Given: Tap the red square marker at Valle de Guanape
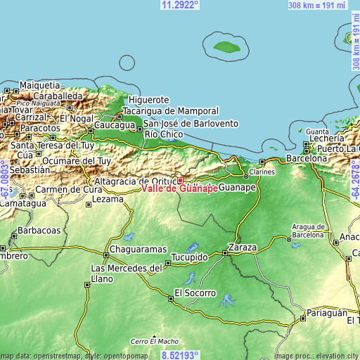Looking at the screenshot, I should [x=180, y=180].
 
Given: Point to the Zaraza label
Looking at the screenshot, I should [x=243, y=248].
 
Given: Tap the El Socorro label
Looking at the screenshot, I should [x=193, y=292].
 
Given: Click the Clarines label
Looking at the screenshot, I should [x=262, y=172].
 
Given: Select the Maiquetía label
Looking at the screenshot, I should [x=39, y=85].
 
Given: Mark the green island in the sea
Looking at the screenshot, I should [x=226, y=47].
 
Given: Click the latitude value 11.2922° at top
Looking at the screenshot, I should [x=180, y=5].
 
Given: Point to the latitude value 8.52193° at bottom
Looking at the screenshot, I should [x=180, y=355].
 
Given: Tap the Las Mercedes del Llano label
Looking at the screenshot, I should [x=127, y=274].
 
